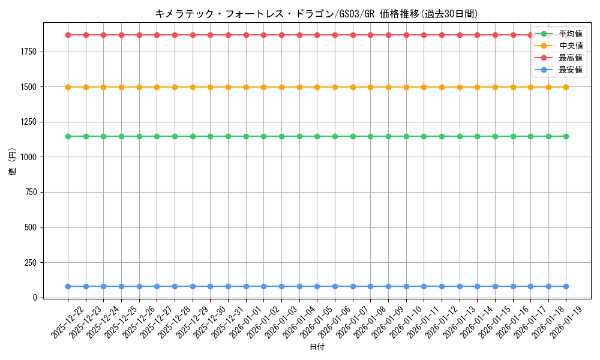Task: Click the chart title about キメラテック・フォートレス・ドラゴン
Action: (317, 14)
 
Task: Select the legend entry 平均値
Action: (570, 34)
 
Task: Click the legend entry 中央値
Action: (570, 46)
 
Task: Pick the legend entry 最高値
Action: (570, 58)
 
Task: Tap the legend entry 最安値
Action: (570, 70)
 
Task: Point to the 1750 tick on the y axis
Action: (29, 52)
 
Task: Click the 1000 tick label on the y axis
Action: (29, 157)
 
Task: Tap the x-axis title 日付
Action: (317, 347)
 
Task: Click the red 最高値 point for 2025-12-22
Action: (68, 35)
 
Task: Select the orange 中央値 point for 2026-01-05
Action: (317, 87)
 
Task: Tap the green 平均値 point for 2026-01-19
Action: (566, 136)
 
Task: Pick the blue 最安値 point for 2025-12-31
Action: (228, 286)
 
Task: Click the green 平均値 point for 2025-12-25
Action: (121, 136)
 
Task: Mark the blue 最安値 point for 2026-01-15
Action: (495, 286)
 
